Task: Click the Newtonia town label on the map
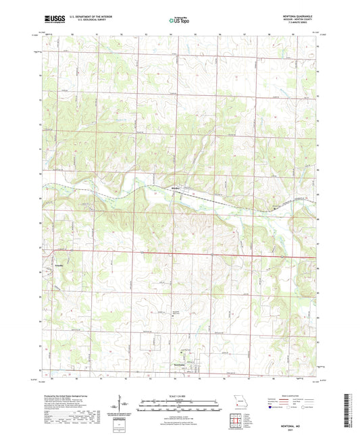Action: [x=180, y=364]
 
